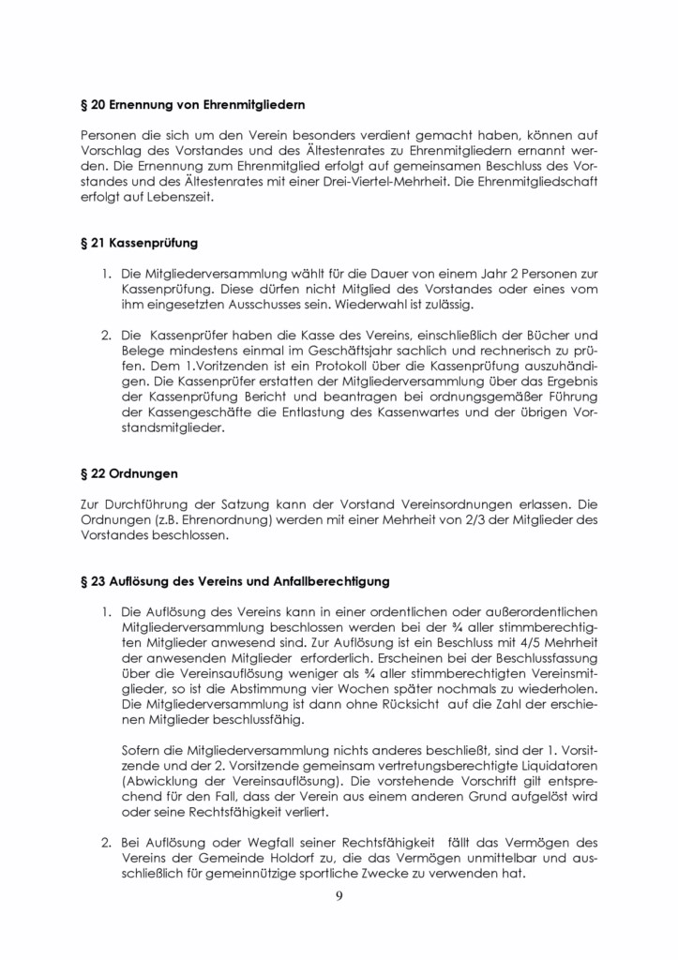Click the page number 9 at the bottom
pyautogui.click(x=339, y=896)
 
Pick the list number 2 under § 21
pyautogui.click(x=106, y=335)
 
